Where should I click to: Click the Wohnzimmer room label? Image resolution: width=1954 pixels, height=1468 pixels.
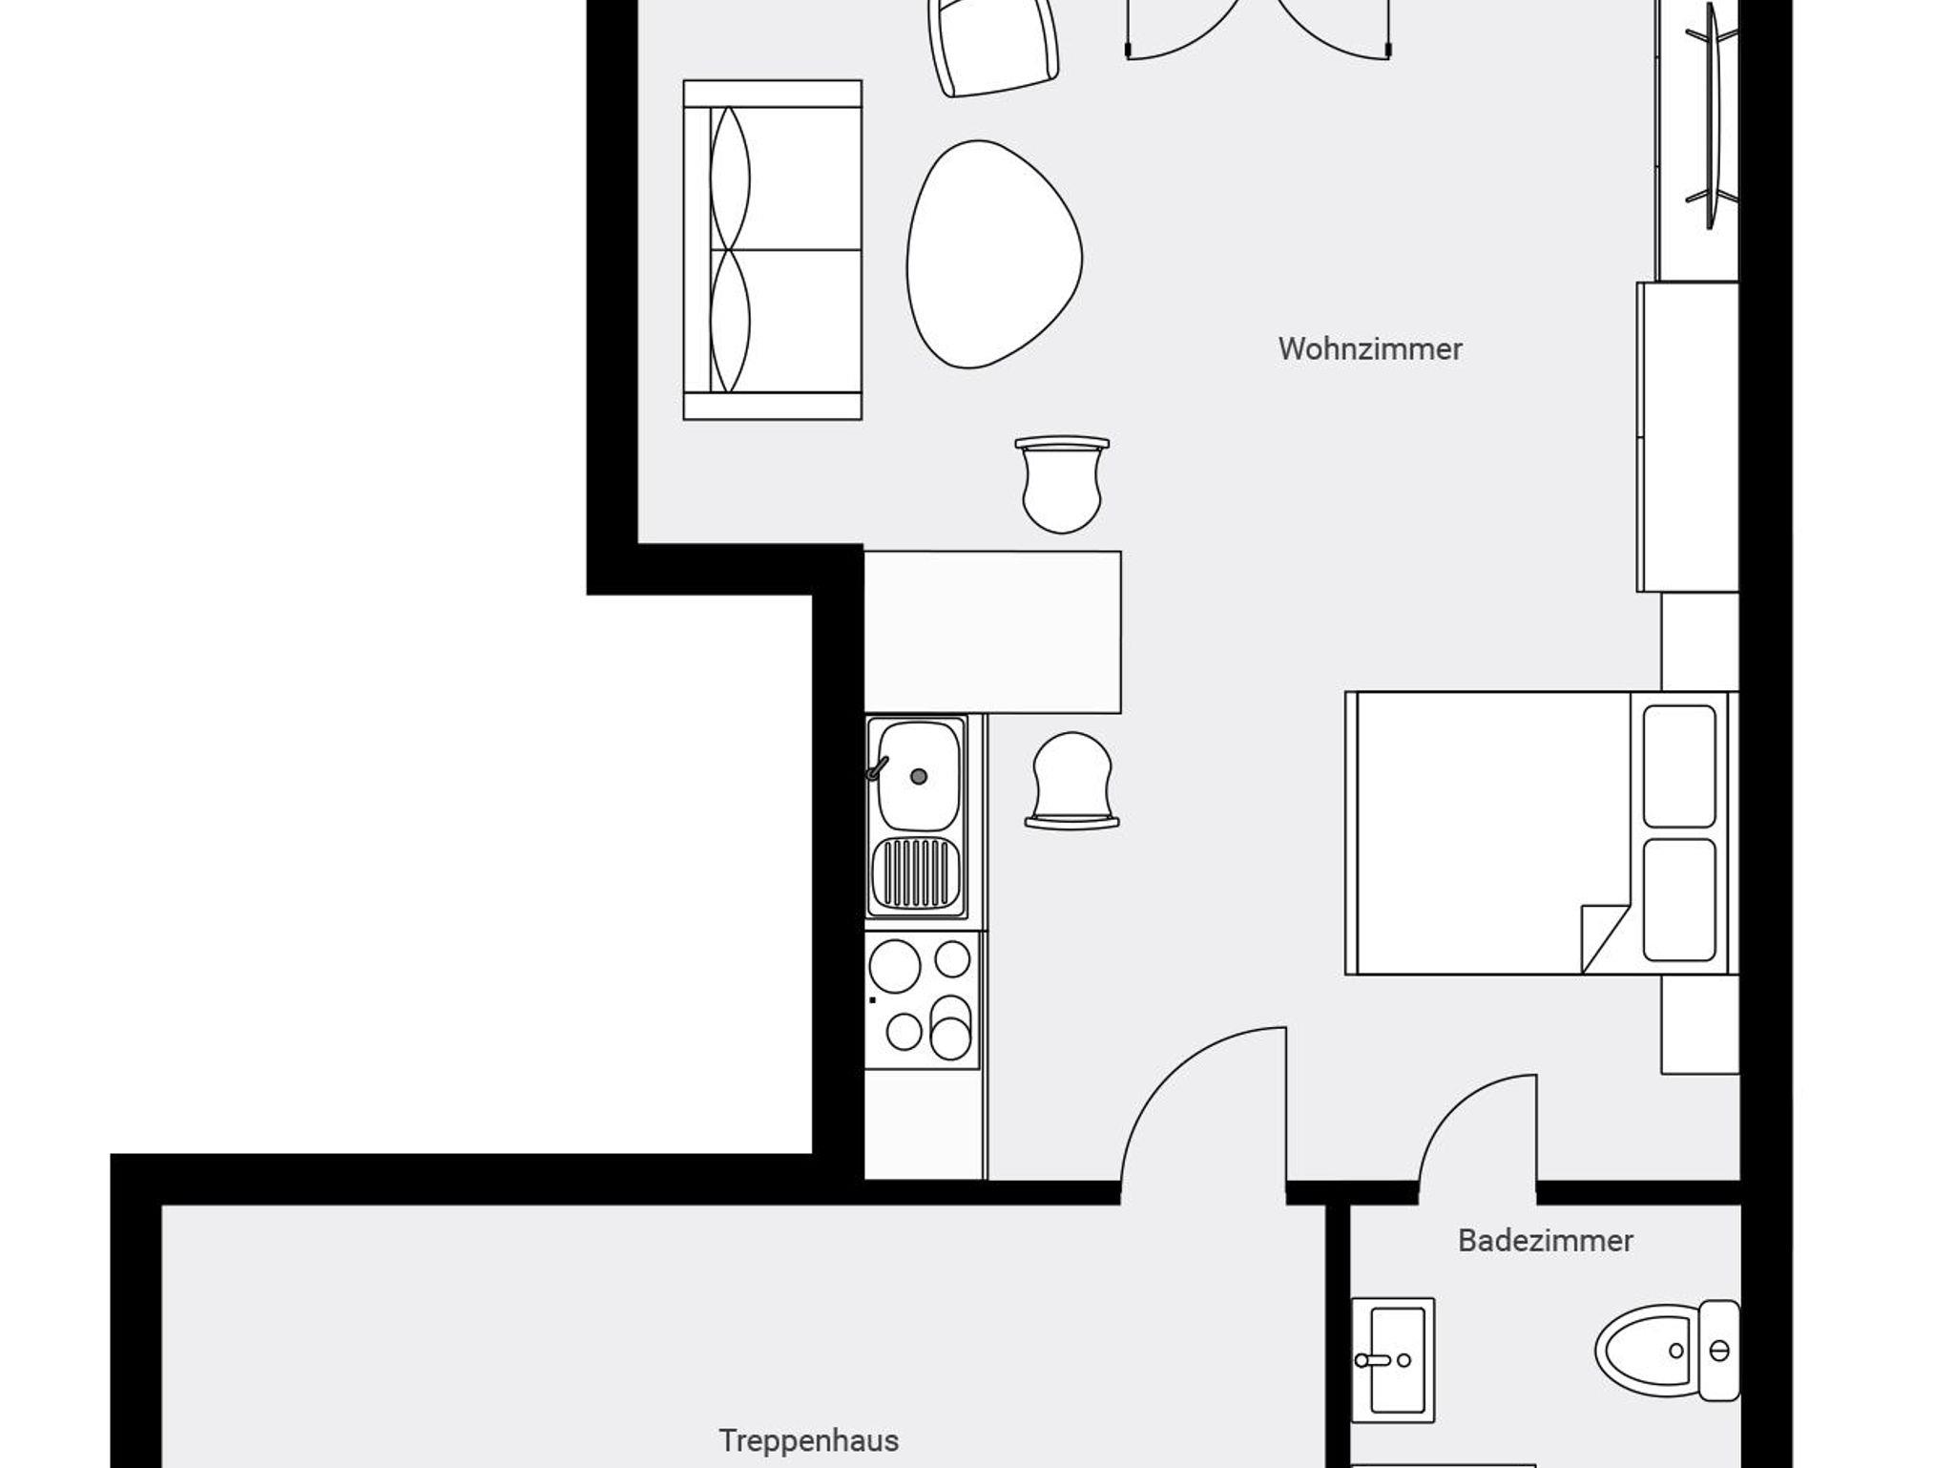coord(1370,348)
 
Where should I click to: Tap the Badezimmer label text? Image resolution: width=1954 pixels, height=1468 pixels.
coord(1546,1241)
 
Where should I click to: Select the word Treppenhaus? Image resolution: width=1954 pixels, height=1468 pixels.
coord(809,1440)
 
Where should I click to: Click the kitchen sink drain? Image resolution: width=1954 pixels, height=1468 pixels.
coord(919,777)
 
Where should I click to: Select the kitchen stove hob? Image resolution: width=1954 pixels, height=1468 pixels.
coord(923,1000)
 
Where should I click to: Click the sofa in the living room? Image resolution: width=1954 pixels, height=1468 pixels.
coord(773,250)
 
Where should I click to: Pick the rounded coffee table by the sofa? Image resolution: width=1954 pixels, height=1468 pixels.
coord(994,254)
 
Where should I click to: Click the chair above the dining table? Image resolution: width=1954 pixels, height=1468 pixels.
coord(1062,484)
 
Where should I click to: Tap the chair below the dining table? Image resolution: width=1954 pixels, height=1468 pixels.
coord(1072,780)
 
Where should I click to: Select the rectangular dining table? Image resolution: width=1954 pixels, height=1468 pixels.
coord(992,632)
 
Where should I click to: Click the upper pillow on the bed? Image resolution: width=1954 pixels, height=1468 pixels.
coord(1679,765)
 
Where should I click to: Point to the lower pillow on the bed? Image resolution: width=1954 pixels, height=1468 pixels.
coord(1679,900)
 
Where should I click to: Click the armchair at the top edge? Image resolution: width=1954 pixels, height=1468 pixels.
coord(993,46)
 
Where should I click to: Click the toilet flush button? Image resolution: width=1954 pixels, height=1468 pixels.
coord(1719,1350)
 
